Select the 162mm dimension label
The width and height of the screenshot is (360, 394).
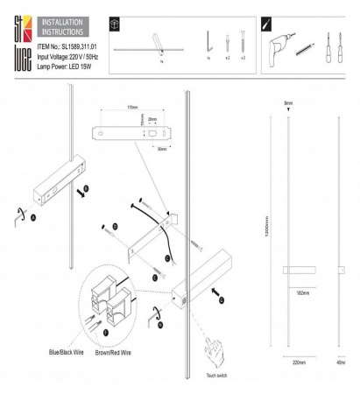click(x=302, y=292)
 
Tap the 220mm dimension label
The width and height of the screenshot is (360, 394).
click(x=299, y=359)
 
